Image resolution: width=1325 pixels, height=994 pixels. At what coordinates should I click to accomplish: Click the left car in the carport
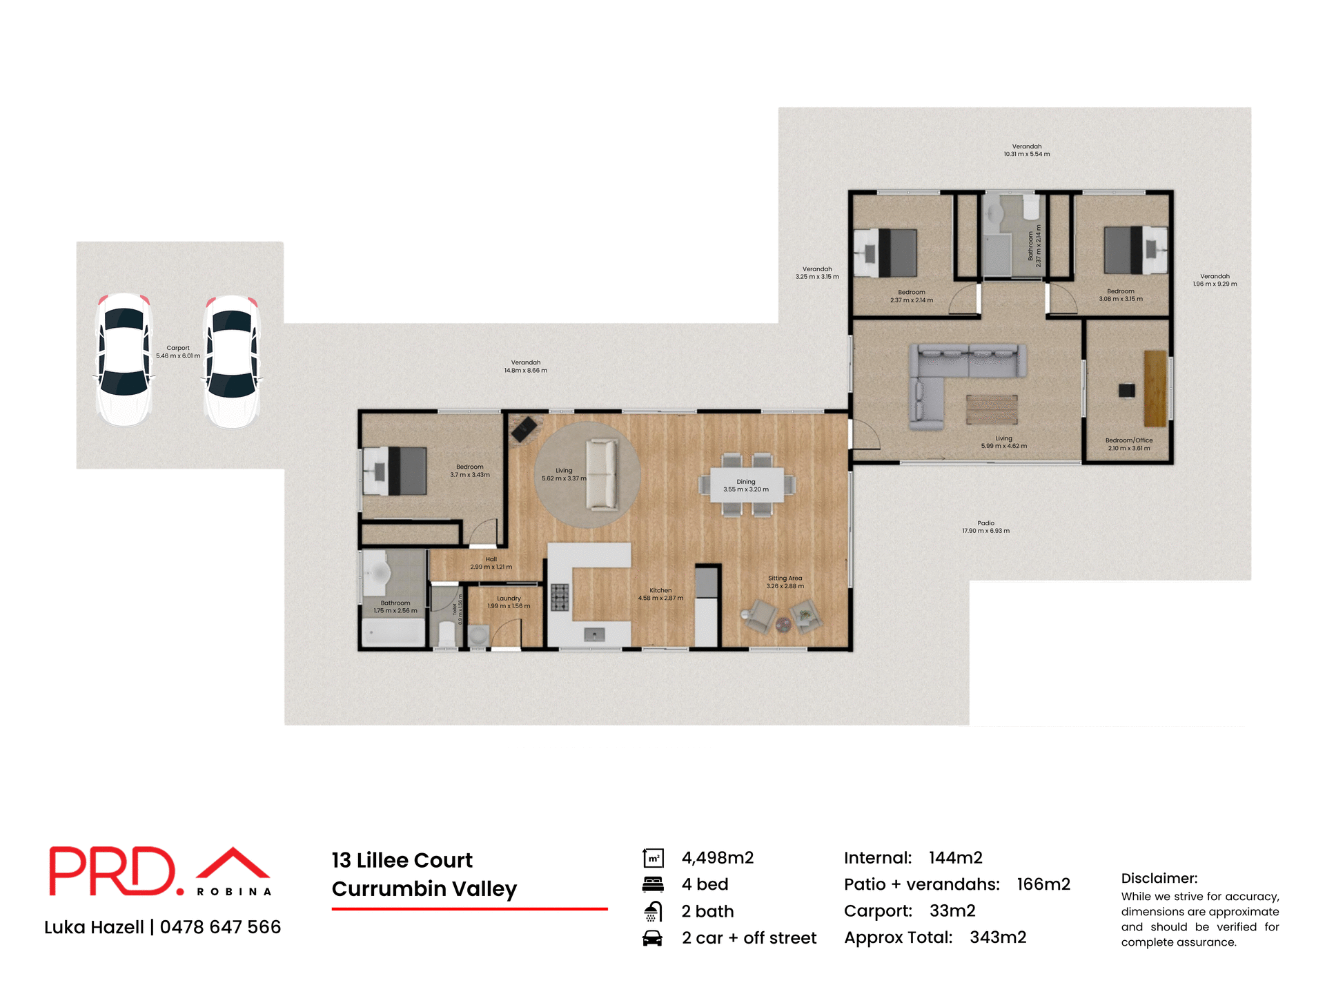tap(124, 359)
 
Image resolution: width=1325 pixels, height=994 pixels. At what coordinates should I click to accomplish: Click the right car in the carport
tap(232, 360)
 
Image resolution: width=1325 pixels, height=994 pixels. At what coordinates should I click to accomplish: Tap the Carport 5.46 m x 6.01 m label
tap(178, 352)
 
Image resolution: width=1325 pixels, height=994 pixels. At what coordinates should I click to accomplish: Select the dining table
tap(747, 485)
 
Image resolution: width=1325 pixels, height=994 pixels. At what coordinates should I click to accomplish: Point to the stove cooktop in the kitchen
tap(560, 598)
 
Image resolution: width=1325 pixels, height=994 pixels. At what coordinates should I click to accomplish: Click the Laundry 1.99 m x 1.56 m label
tap(509, 603)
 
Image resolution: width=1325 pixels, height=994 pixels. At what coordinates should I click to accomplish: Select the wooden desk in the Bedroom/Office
tap(1155, 388)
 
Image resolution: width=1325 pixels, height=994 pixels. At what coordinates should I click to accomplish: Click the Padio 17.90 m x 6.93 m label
tap(985, 527)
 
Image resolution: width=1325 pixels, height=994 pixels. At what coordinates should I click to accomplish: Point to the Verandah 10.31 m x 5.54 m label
tap(1026, 150)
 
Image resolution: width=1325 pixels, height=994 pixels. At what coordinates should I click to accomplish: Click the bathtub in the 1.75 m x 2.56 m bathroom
tap(393, 632)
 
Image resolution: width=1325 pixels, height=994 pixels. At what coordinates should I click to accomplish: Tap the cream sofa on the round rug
tap(601, 475)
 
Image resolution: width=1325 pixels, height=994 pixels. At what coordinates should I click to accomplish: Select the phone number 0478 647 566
tap(220, 927)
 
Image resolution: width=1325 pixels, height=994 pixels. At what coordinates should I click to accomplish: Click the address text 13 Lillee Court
tap(402, 861)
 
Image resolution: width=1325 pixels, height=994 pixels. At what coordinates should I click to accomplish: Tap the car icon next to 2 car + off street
tap(652, 938)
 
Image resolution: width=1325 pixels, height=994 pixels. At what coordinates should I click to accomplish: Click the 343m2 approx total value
tap(998, 937)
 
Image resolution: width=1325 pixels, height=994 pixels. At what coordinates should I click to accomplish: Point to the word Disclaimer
tap(1159, 879)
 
